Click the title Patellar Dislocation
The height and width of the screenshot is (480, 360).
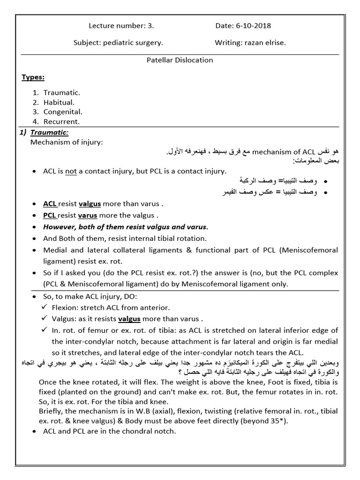coord(180,60)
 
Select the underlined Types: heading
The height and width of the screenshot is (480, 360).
coord(33,77)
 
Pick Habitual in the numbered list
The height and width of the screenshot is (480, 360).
coord(59,102)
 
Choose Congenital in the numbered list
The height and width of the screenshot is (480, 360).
coord(63,112)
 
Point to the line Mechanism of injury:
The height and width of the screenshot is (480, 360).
coord(66,142)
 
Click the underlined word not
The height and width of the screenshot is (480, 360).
coord(71,171)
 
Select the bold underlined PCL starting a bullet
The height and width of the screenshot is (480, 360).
coord(50,216)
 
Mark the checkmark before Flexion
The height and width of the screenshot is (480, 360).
coord(44,307)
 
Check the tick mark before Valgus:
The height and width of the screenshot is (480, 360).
coord(44,319)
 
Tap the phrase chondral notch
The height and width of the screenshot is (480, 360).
coord(150,431)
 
